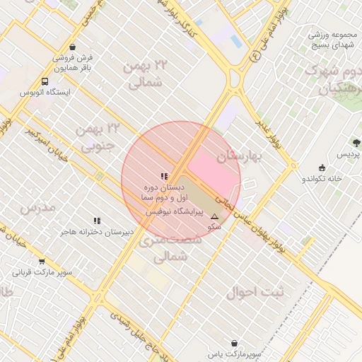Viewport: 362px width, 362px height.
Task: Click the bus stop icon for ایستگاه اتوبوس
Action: (45, 81)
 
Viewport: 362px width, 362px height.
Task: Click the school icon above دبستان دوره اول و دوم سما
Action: (164, 176)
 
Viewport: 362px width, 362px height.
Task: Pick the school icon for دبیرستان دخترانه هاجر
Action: (97, 221)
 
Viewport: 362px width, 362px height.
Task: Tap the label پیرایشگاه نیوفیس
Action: (174, 211)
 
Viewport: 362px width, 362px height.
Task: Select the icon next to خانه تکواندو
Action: (322, 168)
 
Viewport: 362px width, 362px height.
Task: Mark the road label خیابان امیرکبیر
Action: (47, 146)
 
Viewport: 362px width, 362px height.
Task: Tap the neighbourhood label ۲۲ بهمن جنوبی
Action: (98, 137)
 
